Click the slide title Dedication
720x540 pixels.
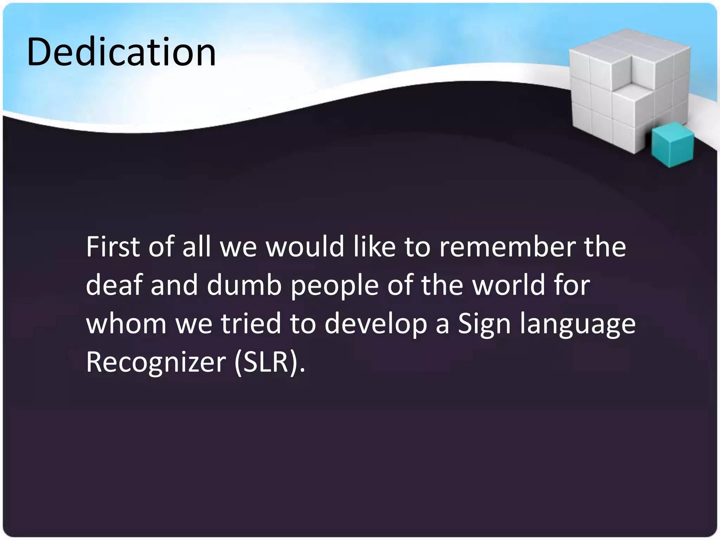click(x=121, y=52)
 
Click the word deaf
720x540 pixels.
click(x=114, y=285)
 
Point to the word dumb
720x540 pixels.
click(x=244, y=285)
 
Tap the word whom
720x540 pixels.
click(x=126, y=323)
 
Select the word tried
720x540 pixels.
click(x=251, y=323)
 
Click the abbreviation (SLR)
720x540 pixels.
click(x=269, y=362)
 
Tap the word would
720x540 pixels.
click(x=304, y=247)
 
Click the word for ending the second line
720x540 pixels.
click(x=572, y=285)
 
